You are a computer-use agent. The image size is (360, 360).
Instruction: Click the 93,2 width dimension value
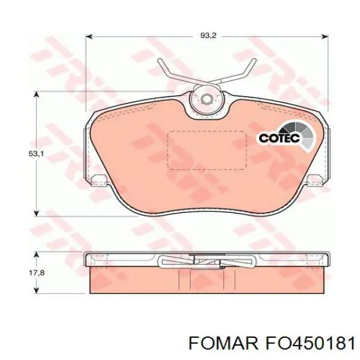(x=208, y=35)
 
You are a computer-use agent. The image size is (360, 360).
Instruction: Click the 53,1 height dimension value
(x=36, y=154)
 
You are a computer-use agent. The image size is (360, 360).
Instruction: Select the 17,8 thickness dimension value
(x=37, y=273)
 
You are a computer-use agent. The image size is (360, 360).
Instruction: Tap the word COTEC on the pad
(x=279, y=138)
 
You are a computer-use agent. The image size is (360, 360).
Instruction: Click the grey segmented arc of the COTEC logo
(x=302, y=134)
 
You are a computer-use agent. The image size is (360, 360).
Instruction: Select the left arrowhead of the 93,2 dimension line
(x=89, y=36)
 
